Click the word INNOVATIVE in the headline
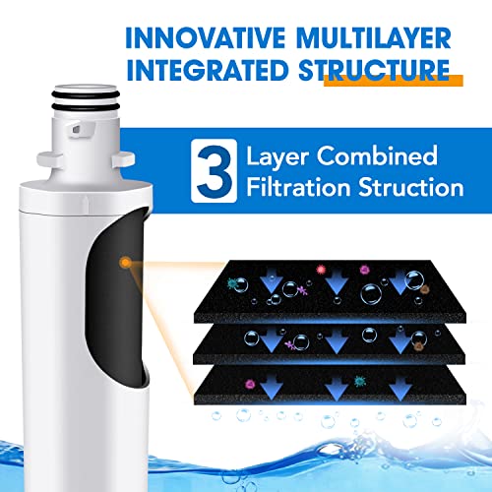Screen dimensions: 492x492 (206, 38)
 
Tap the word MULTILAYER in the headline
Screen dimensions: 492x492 (374, 38)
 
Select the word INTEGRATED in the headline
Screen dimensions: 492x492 (208, 71)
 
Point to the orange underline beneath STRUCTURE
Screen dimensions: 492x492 (394, 81)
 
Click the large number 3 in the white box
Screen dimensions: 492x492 (215, 171)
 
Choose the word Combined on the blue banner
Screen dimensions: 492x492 (377, 156)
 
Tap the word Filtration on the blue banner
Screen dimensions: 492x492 (298, 187)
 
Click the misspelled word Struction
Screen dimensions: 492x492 (411, 187)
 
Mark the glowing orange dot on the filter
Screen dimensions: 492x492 (125, 262)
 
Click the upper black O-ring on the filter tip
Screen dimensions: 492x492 (86, 94)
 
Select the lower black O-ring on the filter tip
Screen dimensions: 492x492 (86, 107)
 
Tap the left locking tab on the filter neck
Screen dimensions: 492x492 (50, 159)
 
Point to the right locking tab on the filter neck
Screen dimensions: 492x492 (123, 159)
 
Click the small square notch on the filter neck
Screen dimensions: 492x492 (76, 130)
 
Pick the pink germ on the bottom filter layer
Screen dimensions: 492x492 (250, 384)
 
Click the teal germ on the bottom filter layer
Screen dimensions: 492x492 (360, 381)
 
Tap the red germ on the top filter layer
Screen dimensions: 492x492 (321, 270)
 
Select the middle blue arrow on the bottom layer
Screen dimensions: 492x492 (337, 389)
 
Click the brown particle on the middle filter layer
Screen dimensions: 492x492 (418, 346)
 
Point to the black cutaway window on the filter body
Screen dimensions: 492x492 (115, 295)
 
